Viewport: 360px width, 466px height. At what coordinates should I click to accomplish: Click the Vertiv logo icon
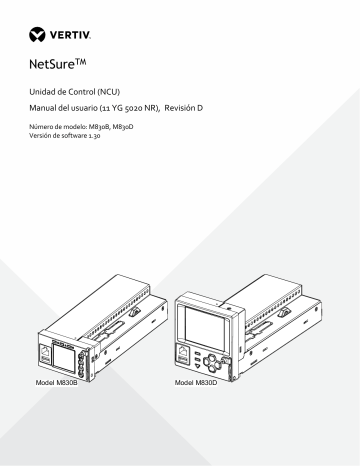point(37,34)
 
